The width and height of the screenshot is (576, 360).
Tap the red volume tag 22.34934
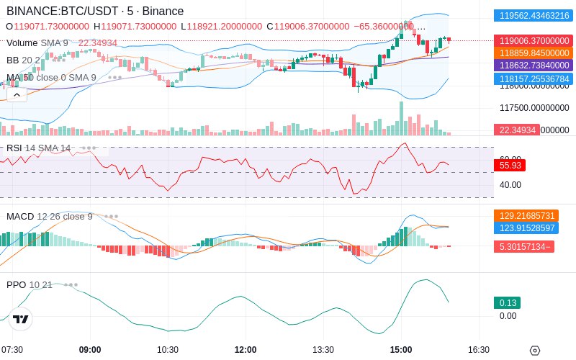[516, 130]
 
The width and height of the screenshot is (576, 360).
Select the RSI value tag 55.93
[510, 166]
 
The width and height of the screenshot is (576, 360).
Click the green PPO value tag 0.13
[506, 303]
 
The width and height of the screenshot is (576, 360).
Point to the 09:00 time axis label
[90, 350]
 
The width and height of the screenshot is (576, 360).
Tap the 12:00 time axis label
[246, 350]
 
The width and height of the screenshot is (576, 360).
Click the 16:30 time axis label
[479, 350]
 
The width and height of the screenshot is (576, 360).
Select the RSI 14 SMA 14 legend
[39, 148]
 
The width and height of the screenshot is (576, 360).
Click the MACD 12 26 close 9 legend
[50, 216]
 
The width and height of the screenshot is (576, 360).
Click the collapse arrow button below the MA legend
[17, 93]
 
